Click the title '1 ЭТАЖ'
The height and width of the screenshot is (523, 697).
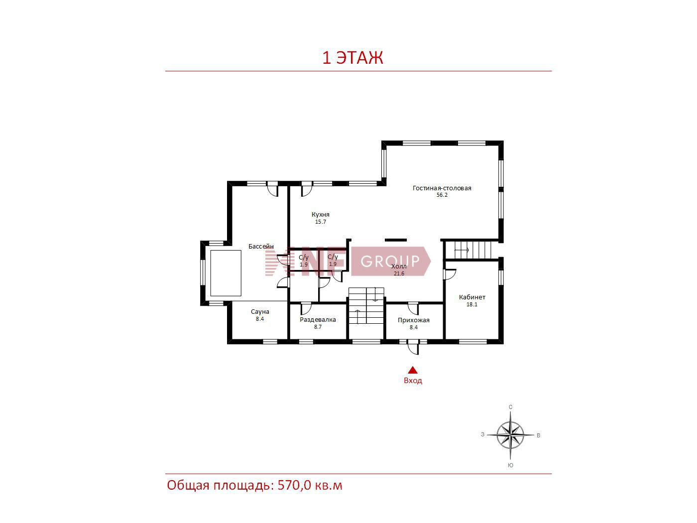pyautogui.click(x=352, y=58)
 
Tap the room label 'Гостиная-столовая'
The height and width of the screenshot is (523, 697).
pyautogui.click(x=442, y=188)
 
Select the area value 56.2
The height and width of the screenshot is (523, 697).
pyautogui.click(x=442, y=195)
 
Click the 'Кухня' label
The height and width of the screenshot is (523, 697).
pyautogui.click(x=321, y=215)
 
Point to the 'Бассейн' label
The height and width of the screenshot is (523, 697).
pyautogui.click(x=261, y=247)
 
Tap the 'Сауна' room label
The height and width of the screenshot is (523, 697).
pyautogui.click(x=260, y=312)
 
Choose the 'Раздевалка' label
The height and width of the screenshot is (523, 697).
pyautogui.click(x=318, y=320)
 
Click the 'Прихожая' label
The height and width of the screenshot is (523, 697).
pyautogui.click(x=413, y=320)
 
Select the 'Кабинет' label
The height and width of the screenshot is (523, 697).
pyautogui.click(x=472, y=297)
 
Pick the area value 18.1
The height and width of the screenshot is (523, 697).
pyautogui.click(x=472, y=304)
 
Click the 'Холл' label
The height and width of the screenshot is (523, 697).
pyautogui.click(x=399, y=266)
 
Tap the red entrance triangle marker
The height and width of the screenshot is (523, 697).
pyautogui.click(x=413, y=370)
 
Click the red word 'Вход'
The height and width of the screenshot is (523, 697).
pyautogui.click(x=413, y=381)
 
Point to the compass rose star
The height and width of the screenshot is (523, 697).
pyautogui.click(x=510, y=435)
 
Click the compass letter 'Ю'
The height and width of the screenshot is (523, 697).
pyautogui.click(x=510, y=465)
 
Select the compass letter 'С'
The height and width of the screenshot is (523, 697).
pyautogui.click(x=511, y=407)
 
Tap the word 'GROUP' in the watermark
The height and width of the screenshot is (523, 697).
pyautogui.click(x=390, y=261)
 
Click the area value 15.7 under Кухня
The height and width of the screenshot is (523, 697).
pyautogui.click(x=321, y=222)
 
